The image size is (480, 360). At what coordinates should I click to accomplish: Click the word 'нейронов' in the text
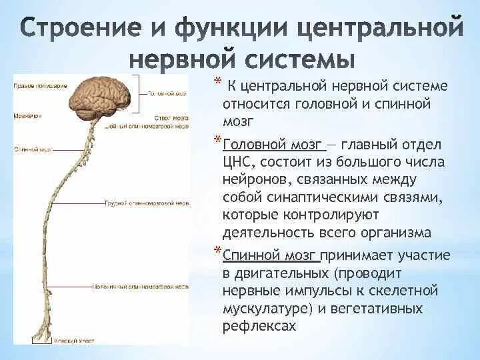point(254,180)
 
